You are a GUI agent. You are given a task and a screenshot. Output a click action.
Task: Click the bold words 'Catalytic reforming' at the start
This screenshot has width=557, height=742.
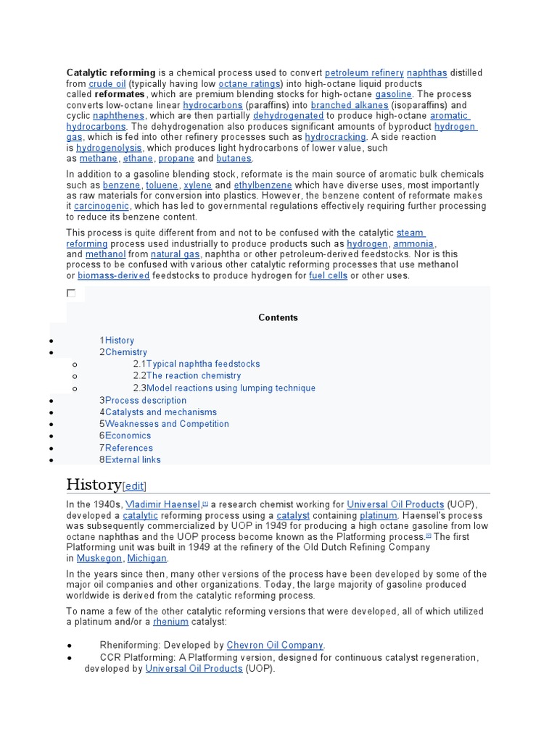click(111, 73)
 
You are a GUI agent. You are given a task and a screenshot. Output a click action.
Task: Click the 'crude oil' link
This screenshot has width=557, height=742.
click(107, 84)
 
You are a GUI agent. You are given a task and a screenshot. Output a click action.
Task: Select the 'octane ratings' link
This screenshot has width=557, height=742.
click(249, 84)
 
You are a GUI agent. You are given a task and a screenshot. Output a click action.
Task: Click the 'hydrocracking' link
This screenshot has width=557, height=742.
click(335, 137)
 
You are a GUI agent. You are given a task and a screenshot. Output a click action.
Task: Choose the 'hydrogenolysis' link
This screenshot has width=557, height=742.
click(109, 148)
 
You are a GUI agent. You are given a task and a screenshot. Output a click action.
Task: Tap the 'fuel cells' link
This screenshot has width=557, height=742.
click(328, 276)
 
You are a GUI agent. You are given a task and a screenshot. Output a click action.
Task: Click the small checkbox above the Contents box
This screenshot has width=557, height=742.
click(71, 293)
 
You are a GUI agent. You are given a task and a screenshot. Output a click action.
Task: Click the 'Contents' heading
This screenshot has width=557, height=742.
click(278, 317)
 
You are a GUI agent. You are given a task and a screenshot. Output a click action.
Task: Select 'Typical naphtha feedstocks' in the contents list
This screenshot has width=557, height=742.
click(203, 364)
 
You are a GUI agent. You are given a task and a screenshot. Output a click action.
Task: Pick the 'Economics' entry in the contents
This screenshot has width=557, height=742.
click(128, 435)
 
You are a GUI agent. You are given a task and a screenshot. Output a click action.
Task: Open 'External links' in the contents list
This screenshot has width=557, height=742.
click(133, 459)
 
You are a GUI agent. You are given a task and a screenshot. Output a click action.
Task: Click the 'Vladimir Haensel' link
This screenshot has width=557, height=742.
click(163, 504)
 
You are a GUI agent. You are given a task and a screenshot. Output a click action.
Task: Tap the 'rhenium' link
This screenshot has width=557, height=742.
click(170, 621)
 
